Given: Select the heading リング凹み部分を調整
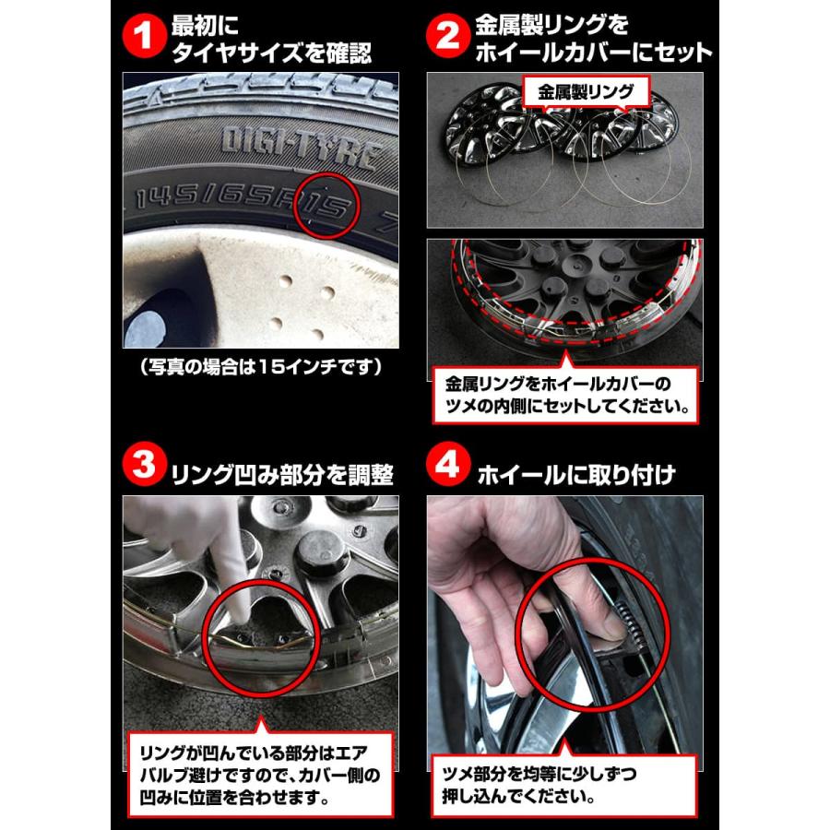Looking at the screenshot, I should pos(282,475).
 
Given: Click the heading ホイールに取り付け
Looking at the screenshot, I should pos(576,475).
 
